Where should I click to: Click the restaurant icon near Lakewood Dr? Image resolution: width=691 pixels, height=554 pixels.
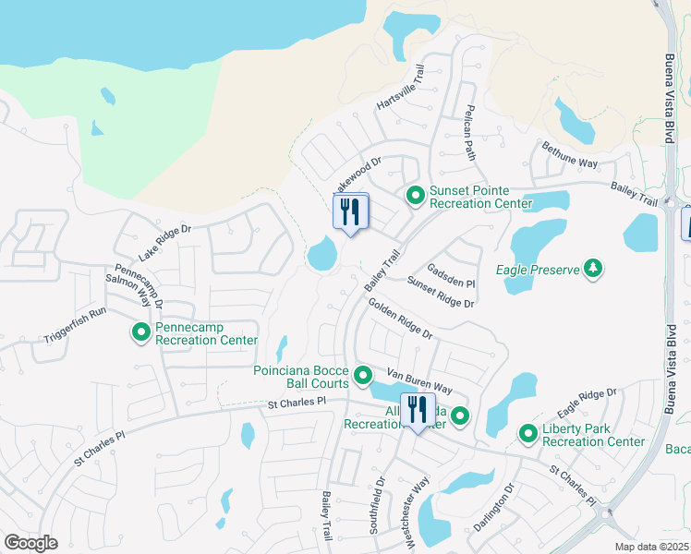click(x=350, y=212)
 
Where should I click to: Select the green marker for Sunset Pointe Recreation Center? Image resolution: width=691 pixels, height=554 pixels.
click(x=415, y=195)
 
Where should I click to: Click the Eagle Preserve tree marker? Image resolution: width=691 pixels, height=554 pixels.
click(x=593, y=270)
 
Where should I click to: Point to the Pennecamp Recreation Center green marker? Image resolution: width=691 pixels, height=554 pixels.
click(x=141, y=331)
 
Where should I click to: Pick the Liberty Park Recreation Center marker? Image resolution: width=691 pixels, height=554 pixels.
click(x=528, y=433)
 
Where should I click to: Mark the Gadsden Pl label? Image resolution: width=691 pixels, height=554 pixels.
click(x=450, y=275)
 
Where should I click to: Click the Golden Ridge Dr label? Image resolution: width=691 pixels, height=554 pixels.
click(x=399, y=318)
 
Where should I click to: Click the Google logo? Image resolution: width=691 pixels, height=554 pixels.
click(x=30, y=543)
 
